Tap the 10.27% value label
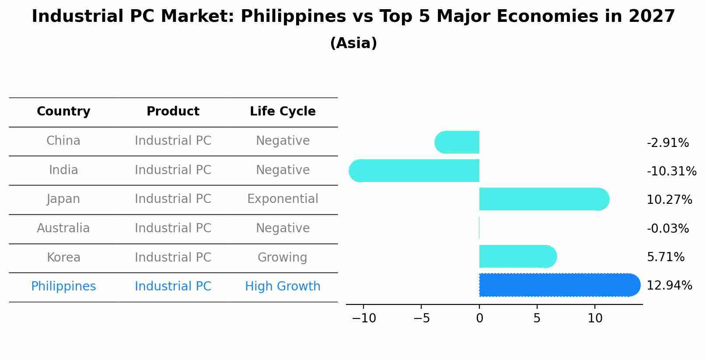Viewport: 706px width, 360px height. (x=669, y=200)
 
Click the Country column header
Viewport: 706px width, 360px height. (x=63, y=112)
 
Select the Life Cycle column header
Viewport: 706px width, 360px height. (x=283, y=112)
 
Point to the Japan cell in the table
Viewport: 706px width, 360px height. (x=63, y=199)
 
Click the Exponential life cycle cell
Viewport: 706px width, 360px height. (x=283, y=199)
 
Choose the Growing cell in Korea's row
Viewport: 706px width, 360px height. (x=283, y=257)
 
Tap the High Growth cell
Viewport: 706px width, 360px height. (x=283, y=287)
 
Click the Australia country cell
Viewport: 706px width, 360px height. (x=63, y=228)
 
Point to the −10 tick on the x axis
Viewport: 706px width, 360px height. (x=363, y=318)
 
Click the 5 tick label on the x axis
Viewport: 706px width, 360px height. (x=537, y=318)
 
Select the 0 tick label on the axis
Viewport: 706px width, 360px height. (x=479, y=318)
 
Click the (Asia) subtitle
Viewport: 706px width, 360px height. (x=353, y=43)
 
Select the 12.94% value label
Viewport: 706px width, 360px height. (x=669, y=286)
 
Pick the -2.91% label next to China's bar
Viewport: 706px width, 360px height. (x=668, y=143)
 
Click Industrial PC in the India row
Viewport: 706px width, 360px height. (x=173, y=170)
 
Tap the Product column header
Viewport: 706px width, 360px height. (x=173, y=112)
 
